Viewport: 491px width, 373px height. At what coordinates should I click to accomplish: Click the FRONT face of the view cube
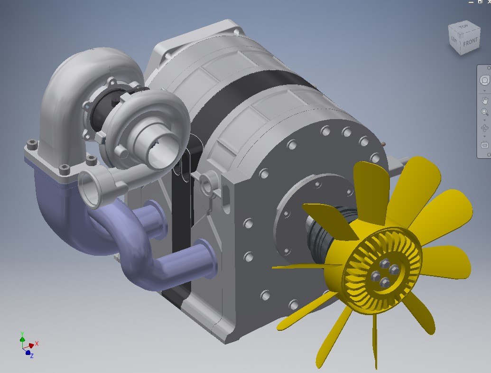coord(471,42)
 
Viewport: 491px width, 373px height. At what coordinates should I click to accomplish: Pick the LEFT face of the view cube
coord(455,41)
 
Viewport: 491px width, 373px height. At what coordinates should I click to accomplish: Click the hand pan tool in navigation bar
coord(484,100)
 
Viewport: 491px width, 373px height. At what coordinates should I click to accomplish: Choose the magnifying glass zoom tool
coord(484,112)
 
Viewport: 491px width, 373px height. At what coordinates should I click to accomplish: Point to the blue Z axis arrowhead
coord(28,353)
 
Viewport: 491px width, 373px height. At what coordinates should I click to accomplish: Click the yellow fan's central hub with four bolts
coord(383,275)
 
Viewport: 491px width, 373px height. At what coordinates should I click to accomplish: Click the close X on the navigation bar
coord(489,68)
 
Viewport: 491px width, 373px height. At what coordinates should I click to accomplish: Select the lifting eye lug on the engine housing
coord(207,180)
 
